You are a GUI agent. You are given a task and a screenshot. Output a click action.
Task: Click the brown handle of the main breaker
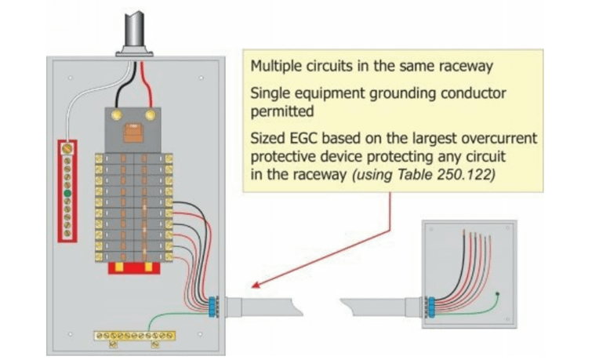point(133,131)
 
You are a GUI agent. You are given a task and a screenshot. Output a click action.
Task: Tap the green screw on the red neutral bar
point(68,192)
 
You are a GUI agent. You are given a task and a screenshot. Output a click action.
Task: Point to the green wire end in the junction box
point(498,294)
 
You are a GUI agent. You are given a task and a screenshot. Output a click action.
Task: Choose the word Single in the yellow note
point(267,93)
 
